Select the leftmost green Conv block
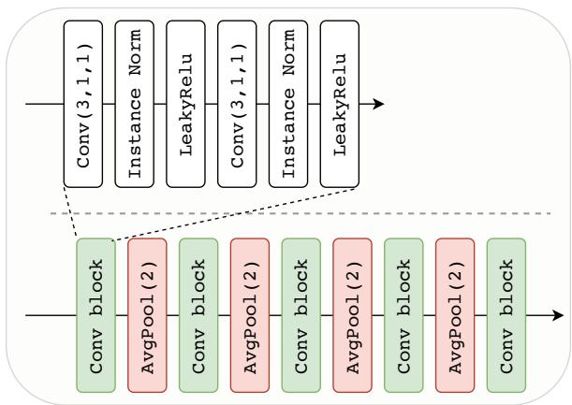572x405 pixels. (95, 314)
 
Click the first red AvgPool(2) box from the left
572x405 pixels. (147, 314)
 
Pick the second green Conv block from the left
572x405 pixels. (198, 314)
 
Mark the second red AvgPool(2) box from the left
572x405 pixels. (250, 314)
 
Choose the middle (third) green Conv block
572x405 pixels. (301, 314)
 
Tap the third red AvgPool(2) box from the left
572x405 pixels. (352, 314)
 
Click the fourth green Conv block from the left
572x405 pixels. (403, 314)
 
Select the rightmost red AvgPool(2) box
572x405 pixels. (455, 314)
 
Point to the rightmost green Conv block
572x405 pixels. (506, 314)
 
